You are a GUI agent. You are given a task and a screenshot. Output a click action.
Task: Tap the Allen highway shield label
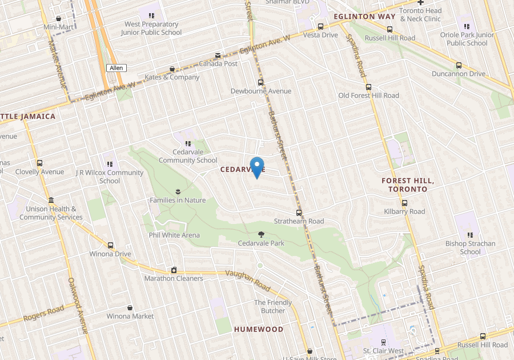pos(116,68)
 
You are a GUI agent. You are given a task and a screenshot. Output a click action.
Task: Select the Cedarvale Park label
pos(261,243)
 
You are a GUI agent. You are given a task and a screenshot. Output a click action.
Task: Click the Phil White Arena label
pos(174,235)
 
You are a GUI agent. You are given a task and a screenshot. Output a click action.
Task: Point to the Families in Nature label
pos(178,200)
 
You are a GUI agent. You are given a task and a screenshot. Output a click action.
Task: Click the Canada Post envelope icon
pos(217,55)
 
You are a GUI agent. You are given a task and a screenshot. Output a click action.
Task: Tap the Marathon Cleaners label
pos(174,278)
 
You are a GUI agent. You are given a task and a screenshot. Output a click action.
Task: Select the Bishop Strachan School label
pos(470,247)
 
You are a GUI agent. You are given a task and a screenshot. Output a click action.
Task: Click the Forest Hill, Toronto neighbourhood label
pos(408,185)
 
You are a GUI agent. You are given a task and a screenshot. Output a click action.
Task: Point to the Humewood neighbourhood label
pos(259,330)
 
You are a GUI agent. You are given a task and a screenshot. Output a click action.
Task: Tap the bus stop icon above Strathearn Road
pos(299,213)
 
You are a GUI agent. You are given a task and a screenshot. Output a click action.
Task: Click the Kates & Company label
pos(172,77)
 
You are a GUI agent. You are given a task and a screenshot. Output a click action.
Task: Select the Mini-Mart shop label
pos(58,27)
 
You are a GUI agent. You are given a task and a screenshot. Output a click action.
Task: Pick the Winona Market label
pos(130,316)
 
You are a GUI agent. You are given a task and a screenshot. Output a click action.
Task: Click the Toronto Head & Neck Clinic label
pos(420,15)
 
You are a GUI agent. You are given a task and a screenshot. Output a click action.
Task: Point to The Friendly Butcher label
pos(273,306)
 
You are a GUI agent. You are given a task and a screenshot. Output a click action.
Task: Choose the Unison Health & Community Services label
pos(51,213)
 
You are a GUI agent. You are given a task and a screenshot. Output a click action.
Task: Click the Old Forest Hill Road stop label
pos(368,95)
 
